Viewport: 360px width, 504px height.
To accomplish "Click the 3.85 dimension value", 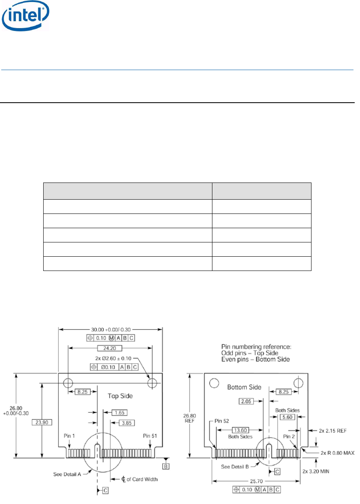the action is (127, 423).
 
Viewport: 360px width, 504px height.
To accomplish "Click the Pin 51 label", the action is (150, 436).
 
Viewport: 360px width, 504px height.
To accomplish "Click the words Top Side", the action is (120, 396).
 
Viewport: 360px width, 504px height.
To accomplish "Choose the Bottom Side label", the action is (244, 387).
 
